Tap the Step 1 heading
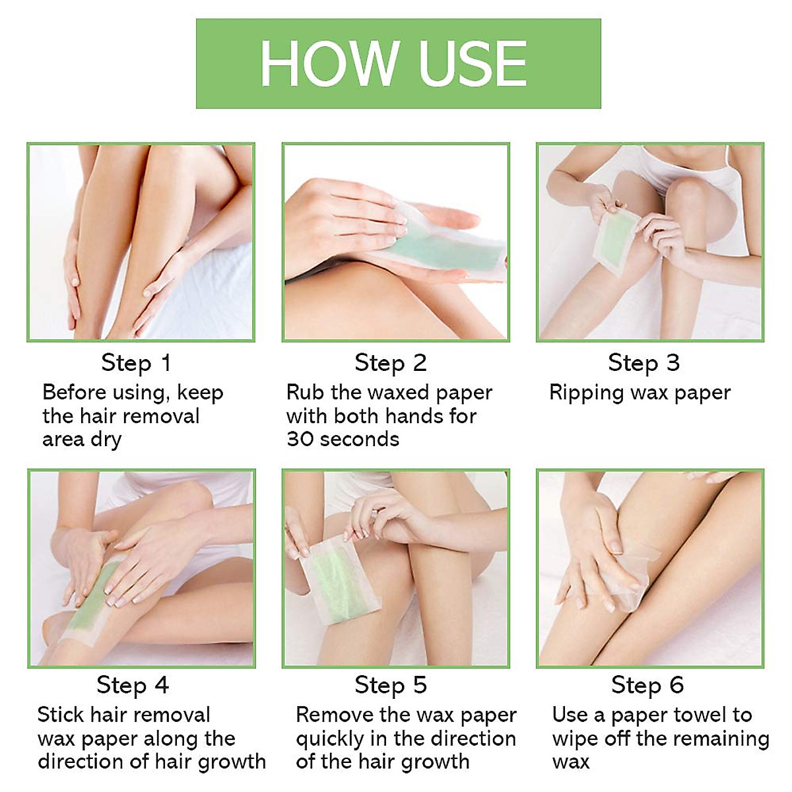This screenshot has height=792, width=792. tap(136, 362)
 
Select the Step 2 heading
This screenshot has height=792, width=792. tap(391, 362)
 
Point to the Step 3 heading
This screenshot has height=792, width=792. tap(643, 362)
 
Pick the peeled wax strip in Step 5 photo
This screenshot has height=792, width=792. tap(337, 581)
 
